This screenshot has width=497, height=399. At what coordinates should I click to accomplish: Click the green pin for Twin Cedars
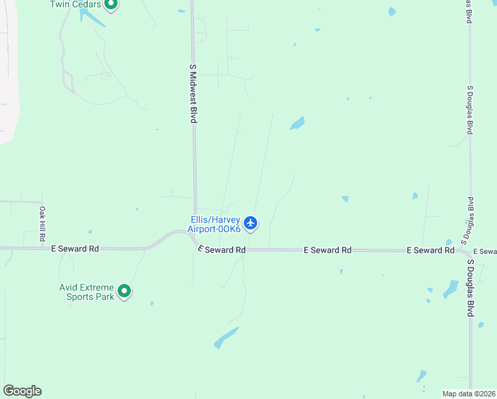[111, 5]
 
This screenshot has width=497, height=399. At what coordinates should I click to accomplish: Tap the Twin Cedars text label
[76, 5]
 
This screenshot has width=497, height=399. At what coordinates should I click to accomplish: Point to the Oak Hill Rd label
[41, 223]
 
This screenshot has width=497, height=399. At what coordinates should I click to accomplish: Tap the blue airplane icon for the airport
[250, 223]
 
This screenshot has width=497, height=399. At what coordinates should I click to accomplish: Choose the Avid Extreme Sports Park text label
[86, 293]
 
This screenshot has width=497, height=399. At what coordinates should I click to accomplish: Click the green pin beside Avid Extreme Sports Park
[124, 291]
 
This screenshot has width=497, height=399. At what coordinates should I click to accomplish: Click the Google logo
[22, 391]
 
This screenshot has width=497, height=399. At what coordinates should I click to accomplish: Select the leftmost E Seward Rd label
[75, 249]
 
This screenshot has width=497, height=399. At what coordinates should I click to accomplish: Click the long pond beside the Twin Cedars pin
[92, 17]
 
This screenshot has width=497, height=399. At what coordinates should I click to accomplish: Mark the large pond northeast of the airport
[297, 124]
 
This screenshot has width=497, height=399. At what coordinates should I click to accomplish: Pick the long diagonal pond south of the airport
[226, 337]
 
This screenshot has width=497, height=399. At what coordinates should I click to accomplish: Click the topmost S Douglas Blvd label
[469, 12]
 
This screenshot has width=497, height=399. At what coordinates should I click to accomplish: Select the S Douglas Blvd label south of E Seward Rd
[470, 288]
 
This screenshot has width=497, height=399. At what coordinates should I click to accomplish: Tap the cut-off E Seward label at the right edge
[484, 251]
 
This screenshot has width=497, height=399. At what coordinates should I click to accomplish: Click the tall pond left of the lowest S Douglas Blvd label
[450, 288]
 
